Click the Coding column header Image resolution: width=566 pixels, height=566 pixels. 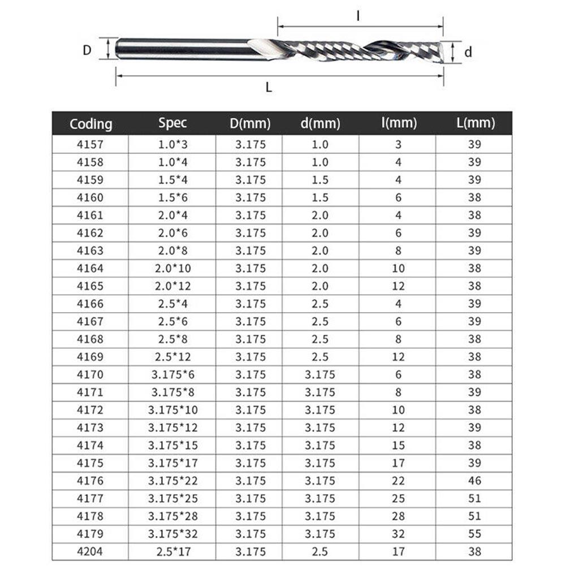[90, 124]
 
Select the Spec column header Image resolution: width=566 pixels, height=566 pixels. [172, 123]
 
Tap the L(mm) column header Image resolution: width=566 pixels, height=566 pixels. [474, 123]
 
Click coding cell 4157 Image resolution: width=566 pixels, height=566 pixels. [90, 144]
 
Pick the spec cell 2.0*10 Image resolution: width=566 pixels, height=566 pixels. [172, 268]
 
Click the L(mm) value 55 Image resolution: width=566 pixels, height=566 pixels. [474, 534]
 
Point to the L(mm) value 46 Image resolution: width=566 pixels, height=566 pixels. [474, 481]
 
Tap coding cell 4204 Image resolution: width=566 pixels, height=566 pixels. [90, 551]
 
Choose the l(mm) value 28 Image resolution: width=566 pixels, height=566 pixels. [398, 516]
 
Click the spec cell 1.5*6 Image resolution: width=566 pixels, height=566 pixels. [172, 197]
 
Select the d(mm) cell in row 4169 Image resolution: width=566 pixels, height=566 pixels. [320, 357]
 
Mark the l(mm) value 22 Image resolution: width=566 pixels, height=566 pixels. [398, 481]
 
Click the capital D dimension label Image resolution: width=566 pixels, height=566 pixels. [87, 50]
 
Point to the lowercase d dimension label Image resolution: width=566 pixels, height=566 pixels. [468, 52]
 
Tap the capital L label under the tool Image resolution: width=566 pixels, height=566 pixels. [269, 87]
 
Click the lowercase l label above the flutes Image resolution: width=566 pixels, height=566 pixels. [358, 16]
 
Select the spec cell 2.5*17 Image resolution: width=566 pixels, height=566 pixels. [172, 551]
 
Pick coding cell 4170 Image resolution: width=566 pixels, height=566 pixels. [90, 374]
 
